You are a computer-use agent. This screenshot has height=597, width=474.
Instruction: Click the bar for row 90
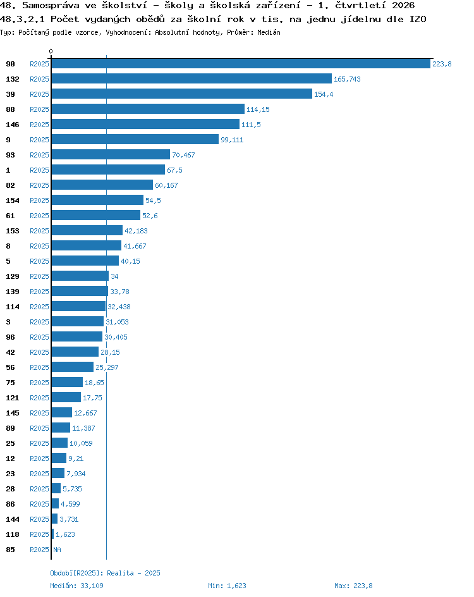pos(241,64)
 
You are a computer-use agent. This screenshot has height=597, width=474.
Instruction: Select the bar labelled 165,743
pos(191,79)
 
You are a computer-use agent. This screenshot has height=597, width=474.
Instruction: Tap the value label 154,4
pos(324,94)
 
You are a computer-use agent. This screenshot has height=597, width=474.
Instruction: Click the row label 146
pos(13,125)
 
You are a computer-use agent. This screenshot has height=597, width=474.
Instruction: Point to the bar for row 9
pos(135,139)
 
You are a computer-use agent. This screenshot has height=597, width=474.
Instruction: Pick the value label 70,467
pos(183,155)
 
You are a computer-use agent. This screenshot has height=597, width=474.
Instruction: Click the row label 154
pos(13,200)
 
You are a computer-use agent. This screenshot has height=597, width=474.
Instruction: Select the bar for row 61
pos(96,216)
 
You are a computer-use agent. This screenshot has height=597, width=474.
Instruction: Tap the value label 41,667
pos(135,246)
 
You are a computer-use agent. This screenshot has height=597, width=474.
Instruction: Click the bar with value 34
pos(80,276)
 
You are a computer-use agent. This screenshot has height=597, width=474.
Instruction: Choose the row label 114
pos(13,307)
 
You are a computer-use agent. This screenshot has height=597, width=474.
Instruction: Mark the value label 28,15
pos(111,352)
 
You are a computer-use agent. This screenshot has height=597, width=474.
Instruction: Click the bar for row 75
pos(68,382)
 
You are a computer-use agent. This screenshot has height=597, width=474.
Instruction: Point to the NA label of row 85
pos(57,550)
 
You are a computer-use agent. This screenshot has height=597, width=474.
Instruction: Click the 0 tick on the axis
pos(51,51)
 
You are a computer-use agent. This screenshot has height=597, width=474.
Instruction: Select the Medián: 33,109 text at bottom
pos(77,586)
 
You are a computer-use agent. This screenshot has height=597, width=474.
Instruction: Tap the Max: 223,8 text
pos(353,586)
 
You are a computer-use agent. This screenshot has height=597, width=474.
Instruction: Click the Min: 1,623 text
pos(227,586)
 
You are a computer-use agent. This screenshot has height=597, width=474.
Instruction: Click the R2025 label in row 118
pos(40,534)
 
